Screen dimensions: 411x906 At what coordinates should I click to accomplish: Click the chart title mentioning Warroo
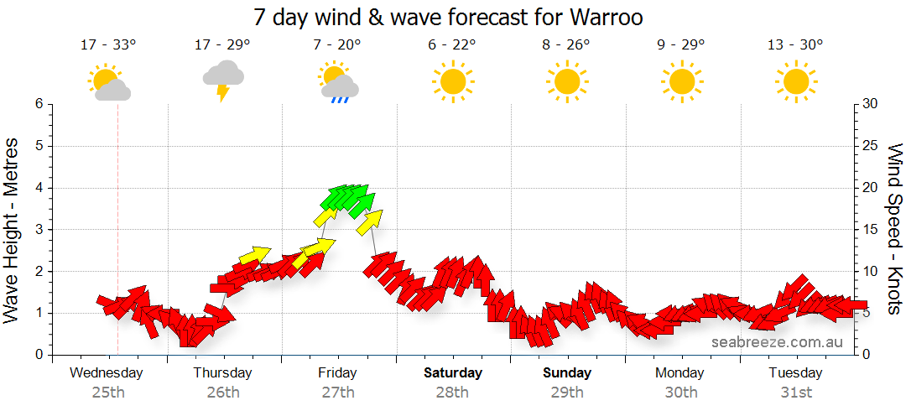pyautogui.click(x=453, y=17)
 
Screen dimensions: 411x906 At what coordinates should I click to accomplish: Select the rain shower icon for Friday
pyautogui.click(x=339, y=82)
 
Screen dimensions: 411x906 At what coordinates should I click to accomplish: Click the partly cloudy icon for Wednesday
pyautogui.click(x=109, y=82)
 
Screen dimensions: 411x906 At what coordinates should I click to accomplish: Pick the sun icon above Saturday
pyautogui.click(x=453, y=81)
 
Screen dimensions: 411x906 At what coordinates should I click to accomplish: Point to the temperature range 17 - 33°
pyautogui.click(x=108, y=45)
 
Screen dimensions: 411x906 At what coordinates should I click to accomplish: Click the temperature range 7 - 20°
pyautogui.click(x=338, y=45)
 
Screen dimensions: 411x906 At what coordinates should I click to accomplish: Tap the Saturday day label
pyautogui.click(x=453, y=373)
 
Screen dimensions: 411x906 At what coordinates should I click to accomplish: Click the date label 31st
pyautogui.click(x=795, y=392)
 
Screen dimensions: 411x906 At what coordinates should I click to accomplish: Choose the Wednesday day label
pyautogui.click(x=107, y=373)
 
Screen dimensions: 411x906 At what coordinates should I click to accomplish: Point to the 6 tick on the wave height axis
pyautogui.click(x=38, y=104)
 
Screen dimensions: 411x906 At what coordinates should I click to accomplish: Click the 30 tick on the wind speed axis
pyautogui.click(x=870, y=104)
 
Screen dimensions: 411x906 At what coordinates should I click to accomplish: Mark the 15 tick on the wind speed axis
pyautogui.click(x=870, y=230)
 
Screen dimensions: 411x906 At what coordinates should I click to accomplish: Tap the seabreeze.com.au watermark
pyautogui.click(x=778, y=342)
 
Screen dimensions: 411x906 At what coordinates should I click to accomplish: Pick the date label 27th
pyautogui.click(x=337, y=392)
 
